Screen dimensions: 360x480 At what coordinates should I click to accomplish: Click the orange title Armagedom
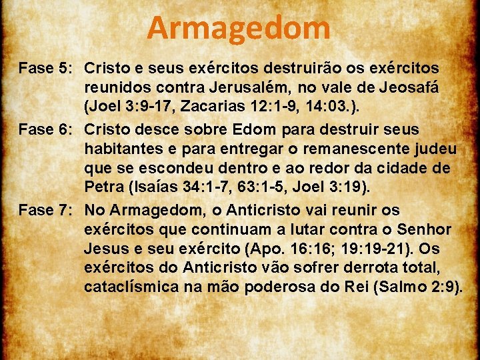239,28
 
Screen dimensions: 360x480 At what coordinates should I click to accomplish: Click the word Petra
102,185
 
